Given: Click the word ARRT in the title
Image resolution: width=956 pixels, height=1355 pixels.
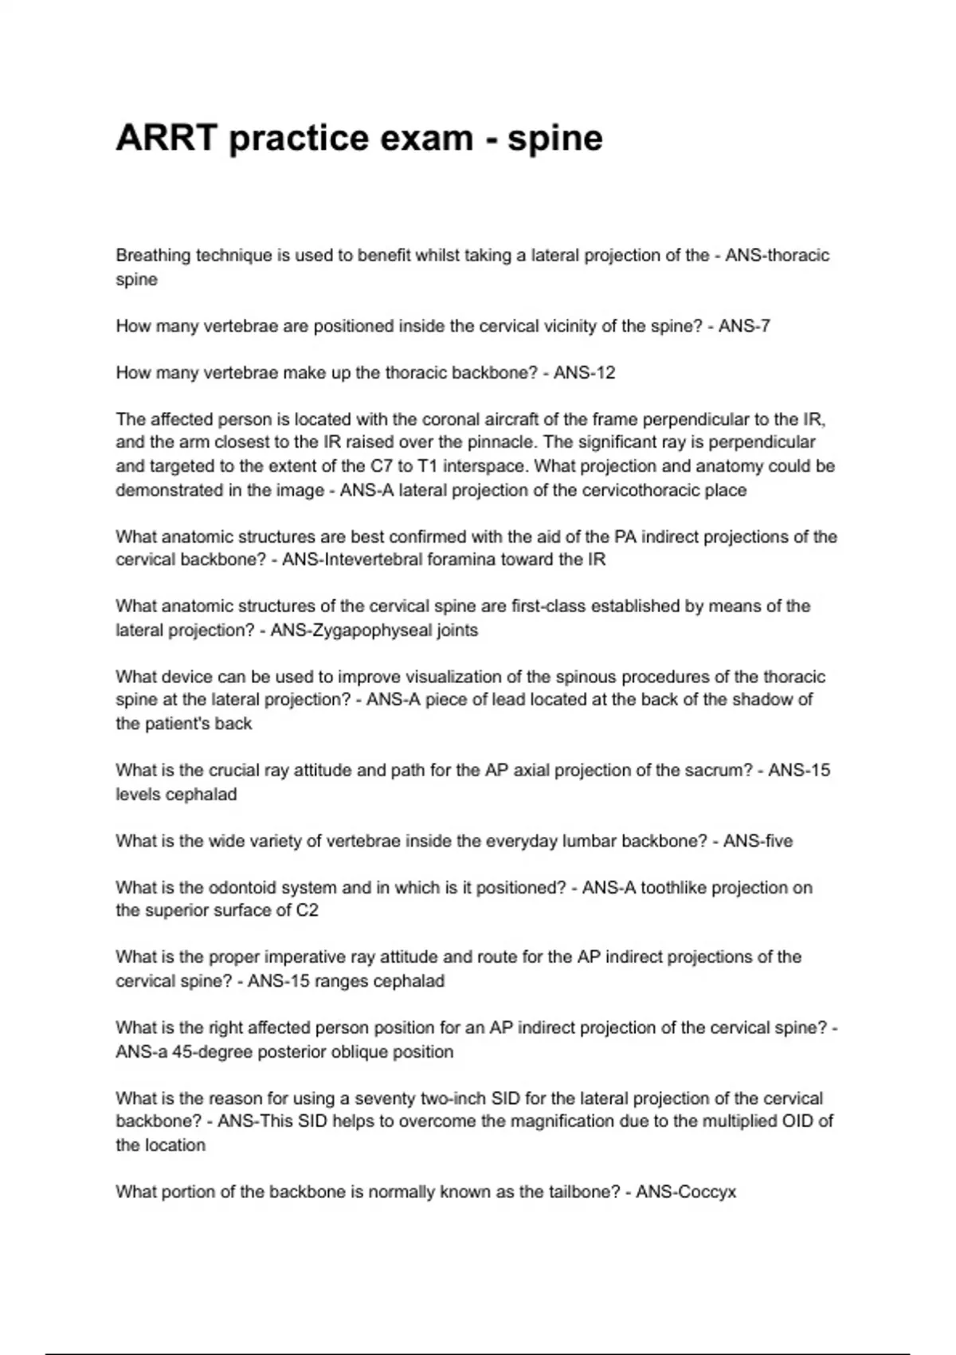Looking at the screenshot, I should click(167, 138).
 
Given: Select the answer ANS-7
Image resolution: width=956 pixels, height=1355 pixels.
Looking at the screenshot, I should click(744, 326).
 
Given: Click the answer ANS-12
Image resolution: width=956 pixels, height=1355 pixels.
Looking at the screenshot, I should click(584, 373).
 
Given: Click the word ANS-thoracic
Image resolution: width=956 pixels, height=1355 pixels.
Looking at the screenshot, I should click(777, 256).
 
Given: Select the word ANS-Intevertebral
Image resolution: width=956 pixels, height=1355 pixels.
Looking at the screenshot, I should click(352, 560).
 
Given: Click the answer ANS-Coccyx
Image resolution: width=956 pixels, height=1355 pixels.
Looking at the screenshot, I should click(686, 1192).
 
